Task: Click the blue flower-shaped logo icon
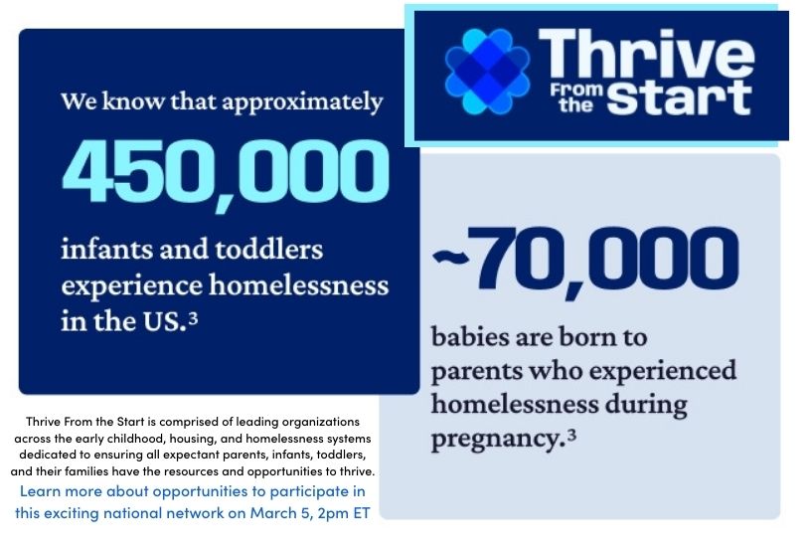click(488, 71)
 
